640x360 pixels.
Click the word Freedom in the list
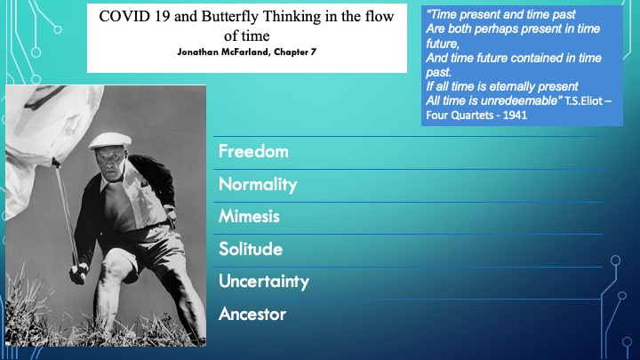pyautogui.click(x=253, y=151)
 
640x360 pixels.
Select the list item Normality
pyautogui.click(x=258, y=185)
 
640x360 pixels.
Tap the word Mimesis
pyautogui.click(x=249, y=216)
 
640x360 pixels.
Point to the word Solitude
pyautogui.click(x=251, y=249)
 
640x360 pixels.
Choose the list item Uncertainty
pyautogui.click(x=264, y=282)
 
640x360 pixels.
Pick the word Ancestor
pyautogui.click(x=252, y=314)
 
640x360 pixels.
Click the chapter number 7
pyautogui.click(x=314, y=52)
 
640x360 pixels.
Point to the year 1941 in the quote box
pyautogui.click(x=515, y=115)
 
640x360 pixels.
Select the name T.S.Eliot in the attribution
pyautogui.click(x=584, y=100)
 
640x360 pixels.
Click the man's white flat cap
pyautogui.click(x=110, y=140)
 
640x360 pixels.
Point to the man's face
pyautogui.click(x=111, y=161)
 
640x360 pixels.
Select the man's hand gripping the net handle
pyautogui.click(x=79, y=273)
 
